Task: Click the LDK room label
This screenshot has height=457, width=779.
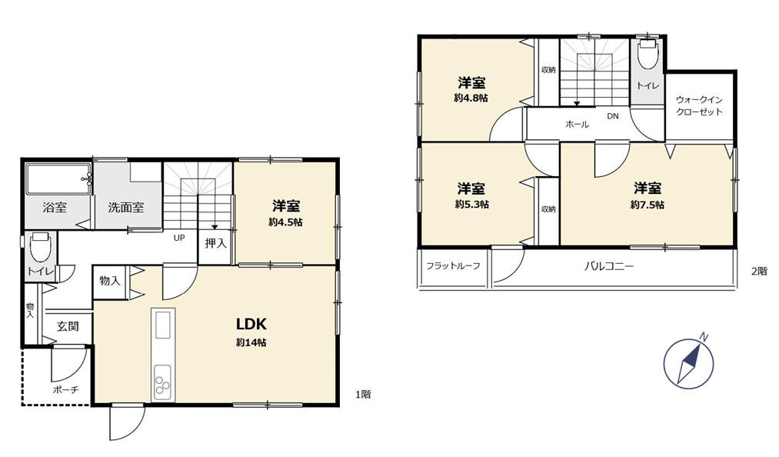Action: pos(251,324)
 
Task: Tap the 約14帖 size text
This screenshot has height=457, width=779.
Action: pos(251,342)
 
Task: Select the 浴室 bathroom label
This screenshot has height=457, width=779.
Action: pos(55,208)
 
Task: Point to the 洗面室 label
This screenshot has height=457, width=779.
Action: pos(126,208)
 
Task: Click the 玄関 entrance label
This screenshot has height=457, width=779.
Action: pos(68,327)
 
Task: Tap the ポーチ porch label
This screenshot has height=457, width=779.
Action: pos(65,390)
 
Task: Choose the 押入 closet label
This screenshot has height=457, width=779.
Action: pos(215,243)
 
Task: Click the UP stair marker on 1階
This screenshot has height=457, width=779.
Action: pos(179,238)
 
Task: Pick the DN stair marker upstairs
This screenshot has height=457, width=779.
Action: pos(613,116)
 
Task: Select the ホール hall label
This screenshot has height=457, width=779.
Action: pos(578,124)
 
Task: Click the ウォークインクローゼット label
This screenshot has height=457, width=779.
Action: pos(699,106)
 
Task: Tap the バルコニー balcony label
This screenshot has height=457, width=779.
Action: pos(608,266)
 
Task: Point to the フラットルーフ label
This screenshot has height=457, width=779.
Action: pos(453,266)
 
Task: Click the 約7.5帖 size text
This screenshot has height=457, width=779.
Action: pos(648,205)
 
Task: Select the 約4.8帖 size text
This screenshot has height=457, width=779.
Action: pos(471,98)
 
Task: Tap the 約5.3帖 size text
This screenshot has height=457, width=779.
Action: pos(472,205)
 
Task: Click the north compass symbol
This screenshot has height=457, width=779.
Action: pos(689,362)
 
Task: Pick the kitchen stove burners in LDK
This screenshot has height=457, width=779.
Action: pos(162,382)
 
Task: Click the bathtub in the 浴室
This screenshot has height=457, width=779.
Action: pos(58,179)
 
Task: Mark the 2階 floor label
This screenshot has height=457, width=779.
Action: pos(759,272)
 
